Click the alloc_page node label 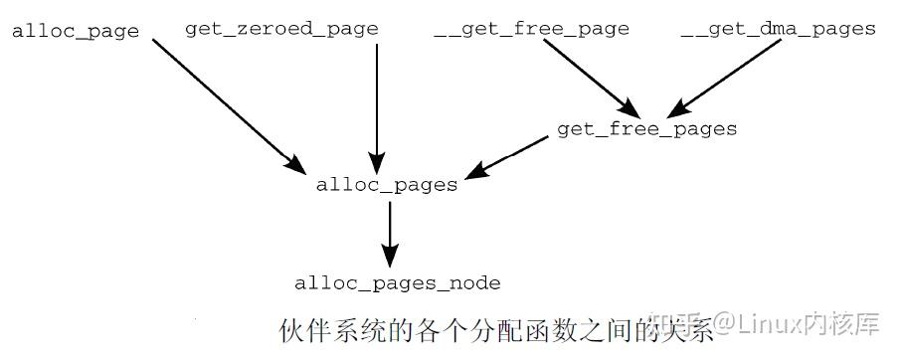click(x=76, y=32)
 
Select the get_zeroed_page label click(x=281, y=29)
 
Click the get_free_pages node click(x=646, y=129)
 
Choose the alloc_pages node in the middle click(x=387, y=185)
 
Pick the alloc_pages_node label click(x=398, y=283)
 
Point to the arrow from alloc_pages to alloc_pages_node click(x=390, y=234)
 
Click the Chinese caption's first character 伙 click(x=290, y=329)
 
